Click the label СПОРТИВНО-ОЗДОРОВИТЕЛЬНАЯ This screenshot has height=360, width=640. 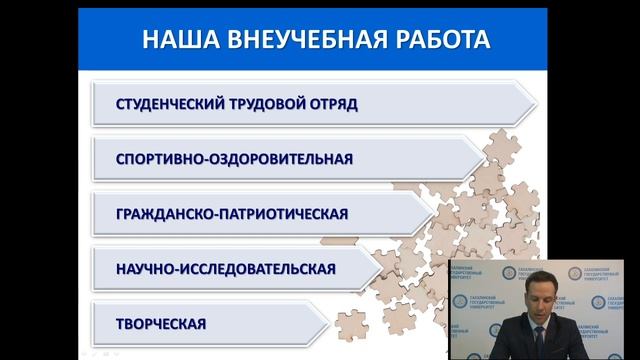(x=235, y=158)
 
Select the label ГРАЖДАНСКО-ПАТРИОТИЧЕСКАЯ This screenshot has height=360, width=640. (x=232, y=214)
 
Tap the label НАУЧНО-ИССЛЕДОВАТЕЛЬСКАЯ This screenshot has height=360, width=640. (x=225, y=269)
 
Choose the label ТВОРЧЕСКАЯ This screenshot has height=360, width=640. (x=161, y=324)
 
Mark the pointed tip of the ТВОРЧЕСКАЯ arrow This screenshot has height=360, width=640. (x=328, y=323)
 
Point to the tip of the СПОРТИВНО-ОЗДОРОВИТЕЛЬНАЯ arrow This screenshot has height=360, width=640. (x=486, y=158)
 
